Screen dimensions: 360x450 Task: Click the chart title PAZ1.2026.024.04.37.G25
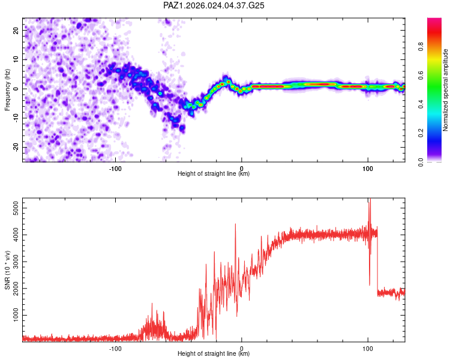214,5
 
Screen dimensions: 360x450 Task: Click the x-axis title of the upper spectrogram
214,174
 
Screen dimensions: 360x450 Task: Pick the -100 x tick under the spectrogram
115,167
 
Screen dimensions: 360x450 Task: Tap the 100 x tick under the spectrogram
368,167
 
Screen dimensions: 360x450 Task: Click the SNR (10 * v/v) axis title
7,270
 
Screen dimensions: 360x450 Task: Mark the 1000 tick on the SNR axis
13,315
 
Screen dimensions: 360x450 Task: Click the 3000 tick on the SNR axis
13,262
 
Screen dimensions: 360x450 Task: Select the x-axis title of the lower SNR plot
214,354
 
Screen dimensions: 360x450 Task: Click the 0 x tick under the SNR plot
242,347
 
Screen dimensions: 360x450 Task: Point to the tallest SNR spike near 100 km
370,200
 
